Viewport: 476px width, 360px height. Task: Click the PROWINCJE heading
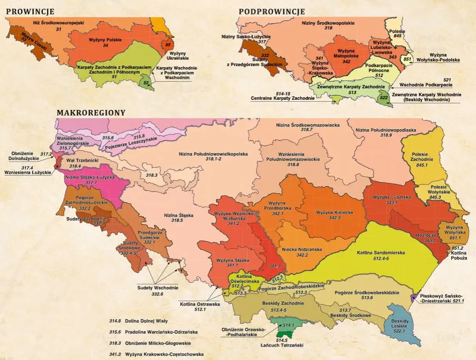[30, 11]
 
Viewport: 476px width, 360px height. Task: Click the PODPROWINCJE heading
[272, 11]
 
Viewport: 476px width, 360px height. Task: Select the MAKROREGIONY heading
[91, 113]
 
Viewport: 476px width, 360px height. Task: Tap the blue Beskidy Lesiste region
[400, 324]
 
